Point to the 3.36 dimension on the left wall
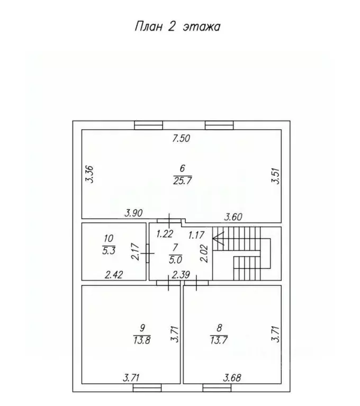pos(89,174)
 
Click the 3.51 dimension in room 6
pos(275,175)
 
